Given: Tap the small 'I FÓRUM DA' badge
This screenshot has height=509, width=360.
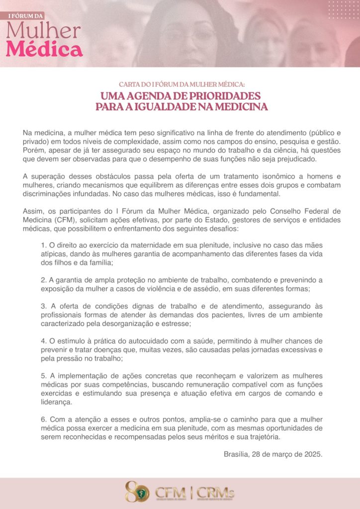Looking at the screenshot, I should (25, 16).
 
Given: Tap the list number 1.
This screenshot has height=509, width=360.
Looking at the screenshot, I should (44, 245).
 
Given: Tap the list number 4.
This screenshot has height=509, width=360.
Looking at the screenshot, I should (44, 341).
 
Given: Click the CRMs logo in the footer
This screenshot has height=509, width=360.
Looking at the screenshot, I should (215, 493).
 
